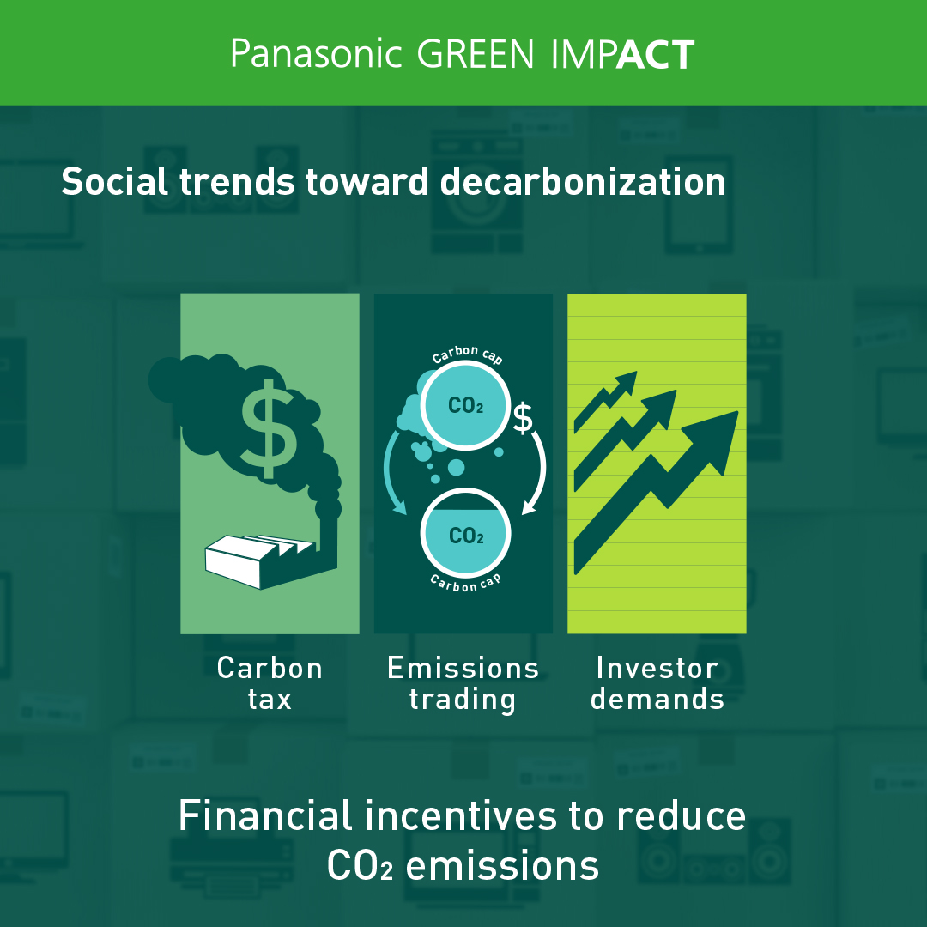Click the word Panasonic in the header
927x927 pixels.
(316, 54)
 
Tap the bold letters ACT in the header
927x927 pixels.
(656, 55)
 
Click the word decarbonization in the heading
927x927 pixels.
(583, 181)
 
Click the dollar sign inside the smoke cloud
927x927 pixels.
(269, 428)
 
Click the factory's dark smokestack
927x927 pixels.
(328, 535)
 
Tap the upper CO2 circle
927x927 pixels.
(465, 405)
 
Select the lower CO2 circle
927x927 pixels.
(465, 533)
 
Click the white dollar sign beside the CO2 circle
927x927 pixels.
(523, 417)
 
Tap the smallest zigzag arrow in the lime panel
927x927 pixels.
(605, 401)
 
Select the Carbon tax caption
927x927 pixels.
(270, 683)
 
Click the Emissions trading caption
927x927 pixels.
(463, 685)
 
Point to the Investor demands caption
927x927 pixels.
(657, 683)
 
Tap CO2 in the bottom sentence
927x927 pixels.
(360, 866)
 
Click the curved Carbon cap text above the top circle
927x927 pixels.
(467, 354)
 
